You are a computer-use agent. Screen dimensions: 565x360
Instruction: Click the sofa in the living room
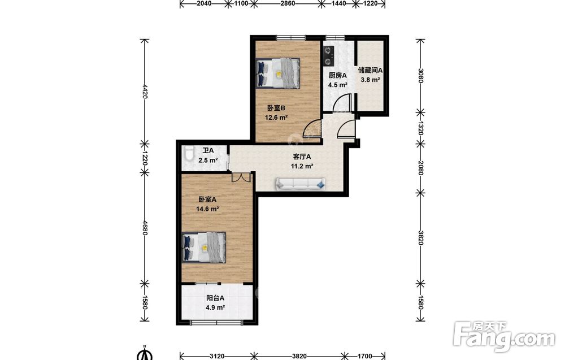(301, 184)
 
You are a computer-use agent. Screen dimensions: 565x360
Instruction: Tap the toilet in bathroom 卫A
(188, 154)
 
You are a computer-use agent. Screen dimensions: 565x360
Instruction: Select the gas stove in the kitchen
(328, 55)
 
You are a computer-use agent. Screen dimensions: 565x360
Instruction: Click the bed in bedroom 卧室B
(278, 73)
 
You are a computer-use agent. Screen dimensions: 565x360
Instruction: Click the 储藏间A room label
(371, 70)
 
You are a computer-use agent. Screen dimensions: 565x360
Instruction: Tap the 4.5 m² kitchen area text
(338, 85)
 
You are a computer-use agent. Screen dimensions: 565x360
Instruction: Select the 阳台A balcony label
(215, 298)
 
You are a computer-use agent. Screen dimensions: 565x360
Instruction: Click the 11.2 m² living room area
(302, 166)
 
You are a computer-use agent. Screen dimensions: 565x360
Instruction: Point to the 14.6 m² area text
(207, 209)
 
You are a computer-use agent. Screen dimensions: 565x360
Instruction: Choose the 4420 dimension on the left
(145, 92)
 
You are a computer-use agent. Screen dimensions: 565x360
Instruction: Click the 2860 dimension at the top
(288, 4)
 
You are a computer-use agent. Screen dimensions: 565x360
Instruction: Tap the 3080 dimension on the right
(420, 76)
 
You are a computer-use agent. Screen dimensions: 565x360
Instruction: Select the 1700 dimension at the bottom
(364, 356)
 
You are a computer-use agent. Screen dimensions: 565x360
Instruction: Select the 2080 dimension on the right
(420, 168)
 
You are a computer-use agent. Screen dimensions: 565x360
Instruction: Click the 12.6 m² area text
(276, 118)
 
